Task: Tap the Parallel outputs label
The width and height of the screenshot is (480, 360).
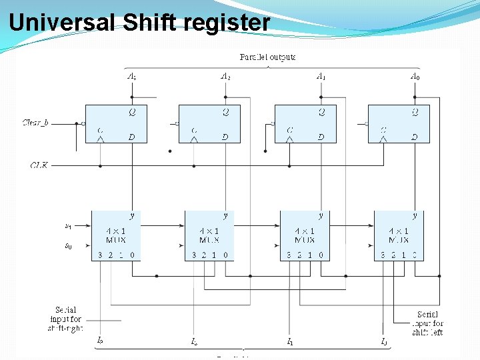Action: [267, 57]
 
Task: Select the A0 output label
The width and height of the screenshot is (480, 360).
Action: [415, 76]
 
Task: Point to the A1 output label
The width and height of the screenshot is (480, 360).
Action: [321, 76]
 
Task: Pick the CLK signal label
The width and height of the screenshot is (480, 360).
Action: [39, 165]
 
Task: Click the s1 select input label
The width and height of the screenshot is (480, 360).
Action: [68, 226]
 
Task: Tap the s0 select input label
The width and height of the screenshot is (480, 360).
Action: [68, 246]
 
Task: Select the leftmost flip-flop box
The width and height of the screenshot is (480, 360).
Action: [116, 123]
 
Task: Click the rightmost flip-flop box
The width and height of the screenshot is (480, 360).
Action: [399, 123]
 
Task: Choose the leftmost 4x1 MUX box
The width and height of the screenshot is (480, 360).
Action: [116, 235]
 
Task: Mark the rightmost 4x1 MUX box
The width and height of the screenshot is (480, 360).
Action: [399, 235]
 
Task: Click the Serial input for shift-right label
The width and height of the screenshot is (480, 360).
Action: [65, 319]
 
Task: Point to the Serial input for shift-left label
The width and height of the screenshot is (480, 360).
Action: [427, 323]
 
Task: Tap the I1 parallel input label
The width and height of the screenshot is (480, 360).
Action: [290, 342]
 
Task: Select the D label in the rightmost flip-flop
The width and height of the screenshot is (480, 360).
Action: [415, 137]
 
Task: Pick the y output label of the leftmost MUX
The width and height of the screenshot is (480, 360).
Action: [132, 215]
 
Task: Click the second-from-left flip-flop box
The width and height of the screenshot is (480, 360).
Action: [209, 123]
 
